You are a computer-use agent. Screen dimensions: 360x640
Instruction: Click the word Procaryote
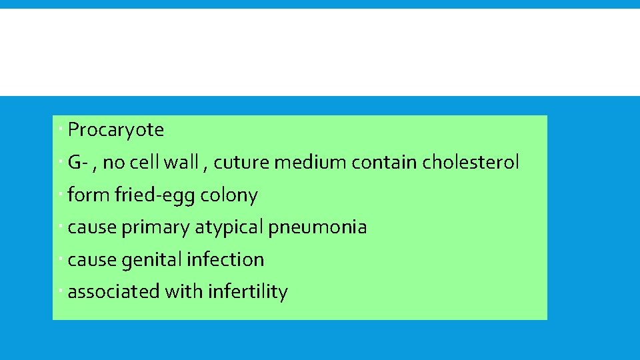[x=115, y=130]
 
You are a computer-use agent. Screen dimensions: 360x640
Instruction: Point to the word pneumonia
[x=317, y=227]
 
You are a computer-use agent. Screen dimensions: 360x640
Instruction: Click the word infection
[x=225, y=259]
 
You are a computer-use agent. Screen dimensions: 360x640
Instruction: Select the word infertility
[x=247, y=292]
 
